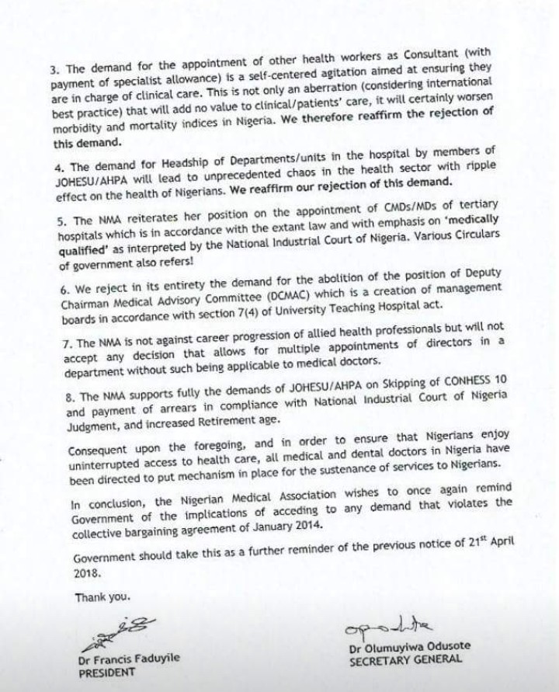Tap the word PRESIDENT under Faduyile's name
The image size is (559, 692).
[105, 674]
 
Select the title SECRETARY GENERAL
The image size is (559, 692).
[404, 660]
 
